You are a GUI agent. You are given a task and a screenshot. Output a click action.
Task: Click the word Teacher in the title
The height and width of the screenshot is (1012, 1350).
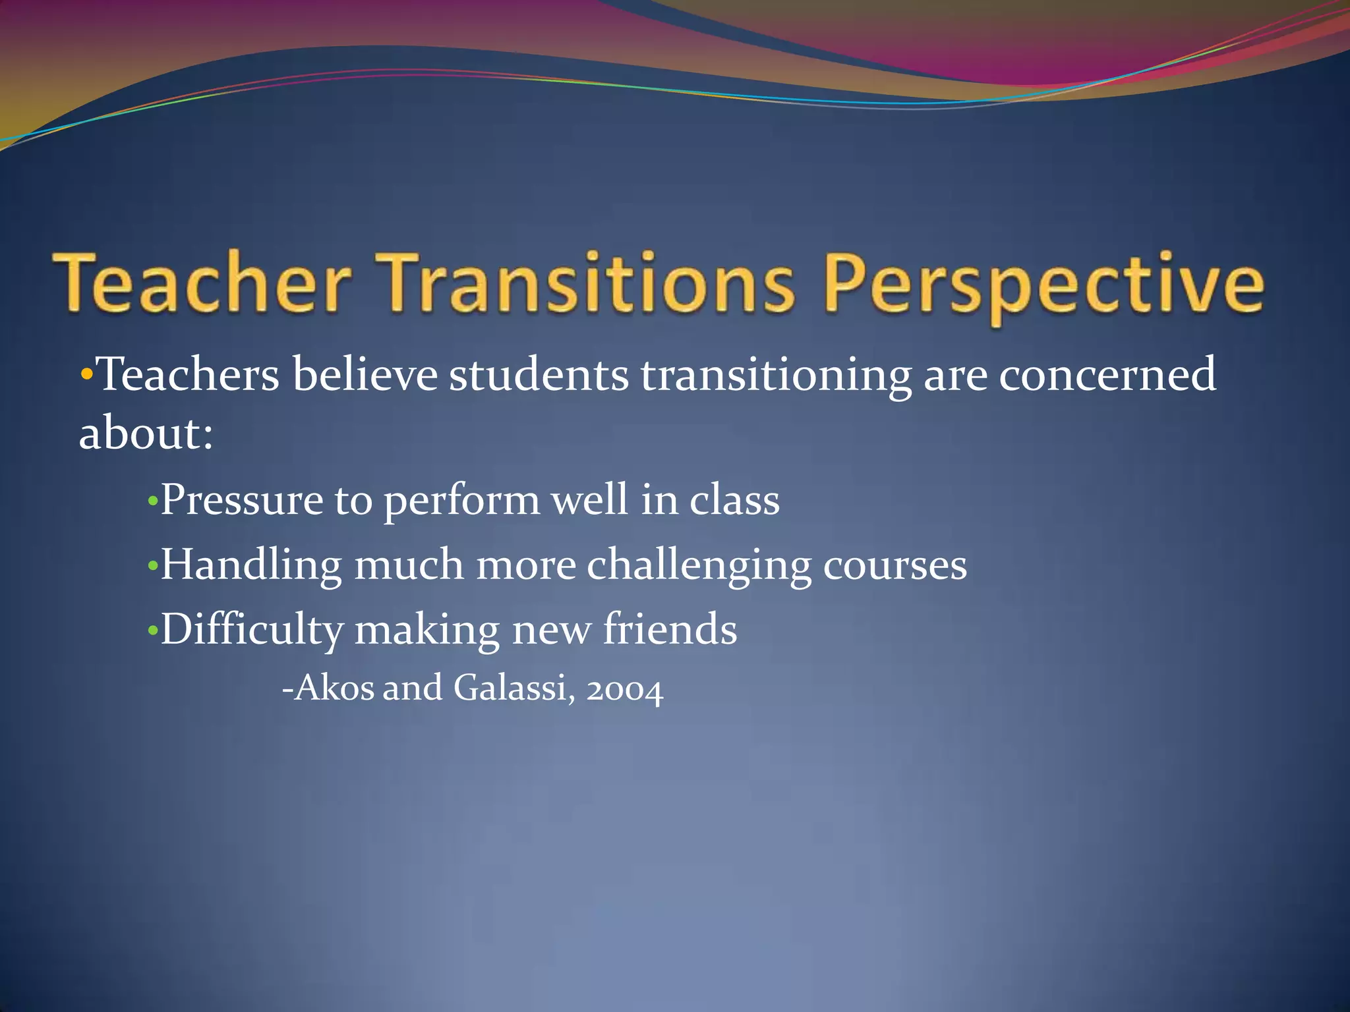(202, 284)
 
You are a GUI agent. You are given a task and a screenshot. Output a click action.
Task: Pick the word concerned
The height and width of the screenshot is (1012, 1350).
(1107, 375)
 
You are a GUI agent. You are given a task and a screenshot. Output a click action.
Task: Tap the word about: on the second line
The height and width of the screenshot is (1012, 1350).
(146, 434)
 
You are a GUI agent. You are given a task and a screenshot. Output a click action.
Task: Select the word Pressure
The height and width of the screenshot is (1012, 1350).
(241, 500)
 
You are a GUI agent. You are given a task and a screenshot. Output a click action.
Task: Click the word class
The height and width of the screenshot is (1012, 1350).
(734, 500)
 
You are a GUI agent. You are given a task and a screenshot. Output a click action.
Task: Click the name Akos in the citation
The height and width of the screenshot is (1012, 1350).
(334, 689)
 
